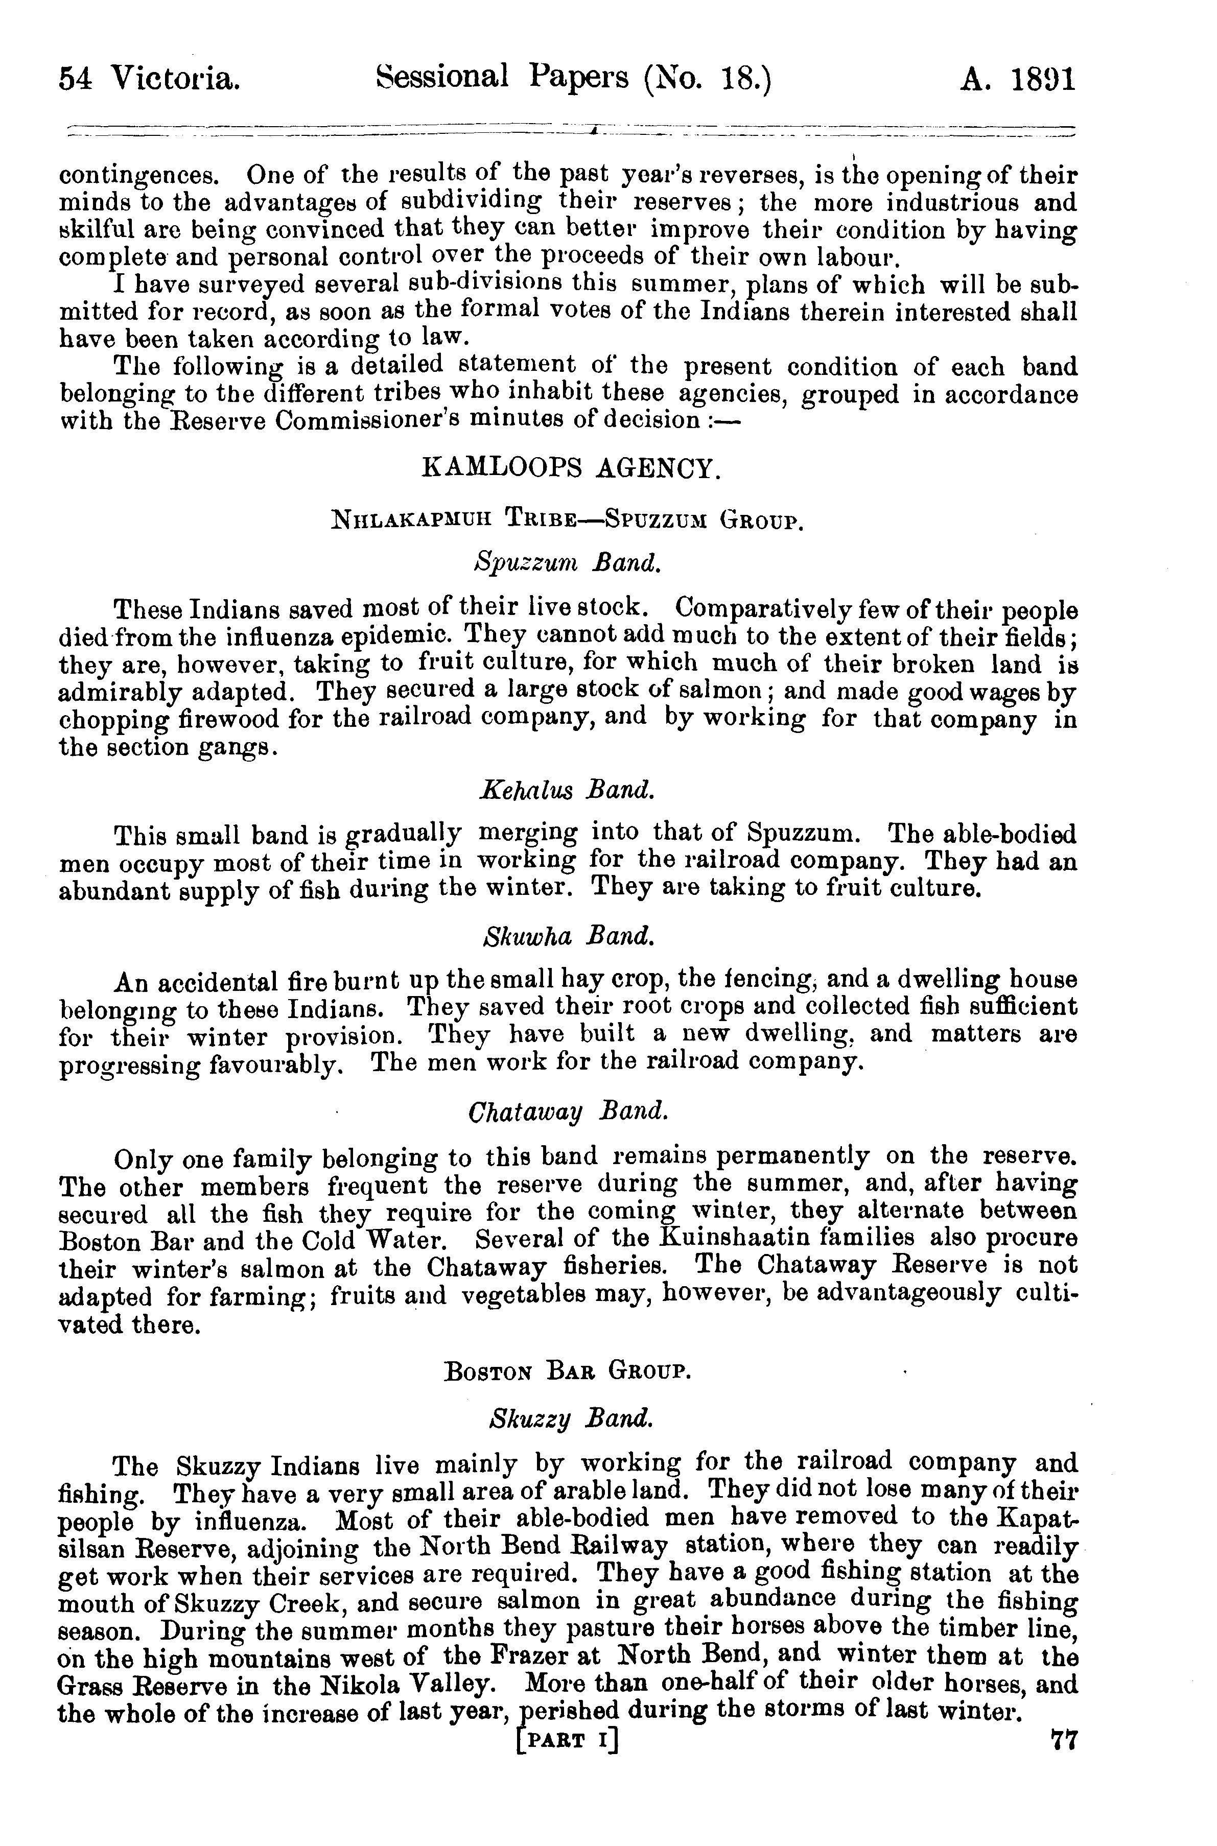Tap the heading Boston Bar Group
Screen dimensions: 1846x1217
coord(567,1371)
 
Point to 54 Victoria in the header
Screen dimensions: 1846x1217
coord(149,79)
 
